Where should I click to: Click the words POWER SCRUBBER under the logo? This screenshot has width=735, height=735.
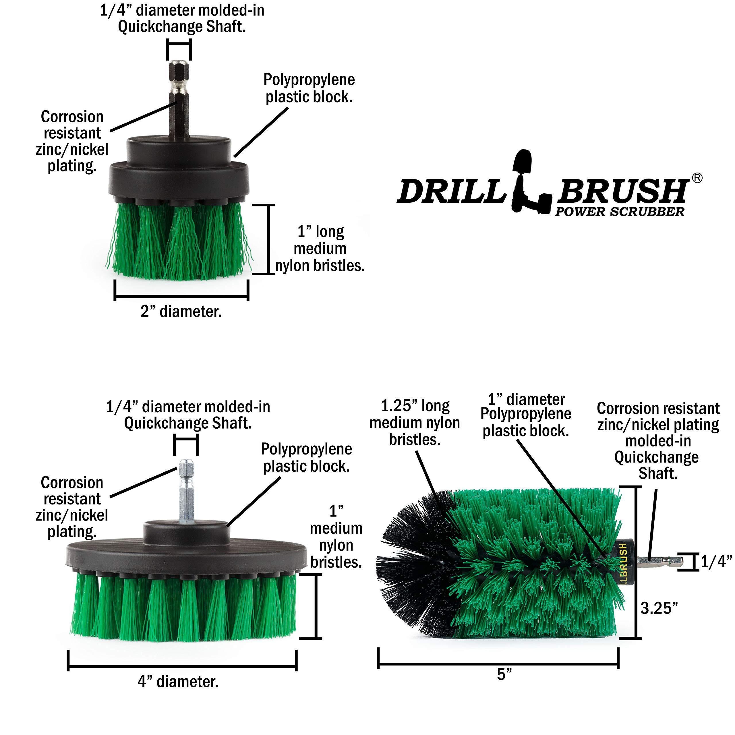coord(619,212)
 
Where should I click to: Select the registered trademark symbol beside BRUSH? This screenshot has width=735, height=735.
coord(697,178)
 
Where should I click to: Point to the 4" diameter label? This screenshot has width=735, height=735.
coord(178,681)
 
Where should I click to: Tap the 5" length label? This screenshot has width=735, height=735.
coord(504,674)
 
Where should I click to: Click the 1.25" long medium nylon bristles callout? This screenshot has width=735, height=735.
coord(415,423)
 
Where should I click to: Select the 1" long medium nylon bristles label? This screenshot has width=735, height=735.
coord(320,248)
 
